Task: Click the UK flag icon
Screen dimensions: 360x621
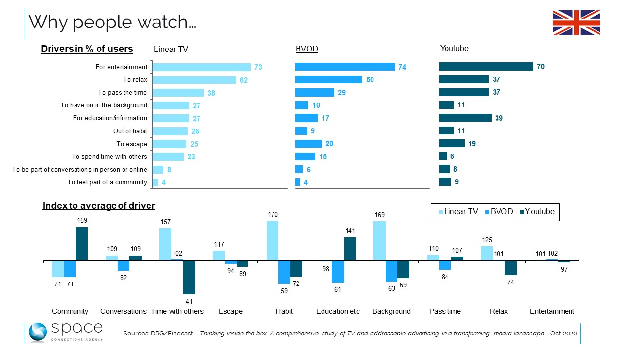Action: point(576,23)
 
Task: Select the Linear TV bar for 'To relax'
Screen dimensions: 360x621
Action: point(195,80)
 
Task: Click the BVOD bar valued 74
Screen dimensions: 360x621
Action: point(345,67)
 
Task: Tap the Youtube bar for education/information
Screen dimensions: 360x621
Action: point(465,118)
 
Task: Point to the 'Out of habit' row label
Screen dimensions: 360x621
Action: point(130,131)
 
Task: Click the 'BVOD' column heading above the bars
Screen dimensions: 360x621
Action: point(306,49)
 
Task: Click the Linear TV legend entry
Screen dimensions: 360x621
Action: point(458,212)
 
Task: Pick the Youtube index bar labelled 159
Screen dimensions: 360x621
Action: point(82,244)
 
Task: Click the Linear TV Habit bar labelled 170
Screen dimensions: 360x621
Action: point(273,241)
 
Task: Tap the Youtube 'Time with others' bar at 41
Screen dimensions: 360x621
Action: point(189,277)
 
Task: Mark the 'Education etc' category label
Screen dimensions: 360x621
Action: point(338,311)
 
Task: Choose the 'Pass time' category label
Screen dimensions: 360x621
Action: point(445,311)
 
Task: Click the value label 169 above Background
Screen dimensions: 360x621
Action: point(379,215)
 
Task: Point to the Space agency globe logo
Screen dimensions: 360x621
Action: point(37,332)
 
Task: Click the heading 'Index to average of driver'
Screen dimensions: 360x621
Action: point(99,206)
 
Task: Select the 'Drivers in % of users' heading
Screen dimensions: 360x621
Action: point(87,49)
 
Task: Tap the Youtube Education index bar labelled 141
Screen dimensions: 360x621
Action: point(350,249)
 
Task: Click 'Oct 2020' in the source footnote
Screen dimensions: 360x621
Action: point(564,334)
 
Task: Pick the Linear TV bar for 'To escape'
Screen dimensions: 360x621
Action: point(170,144)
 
